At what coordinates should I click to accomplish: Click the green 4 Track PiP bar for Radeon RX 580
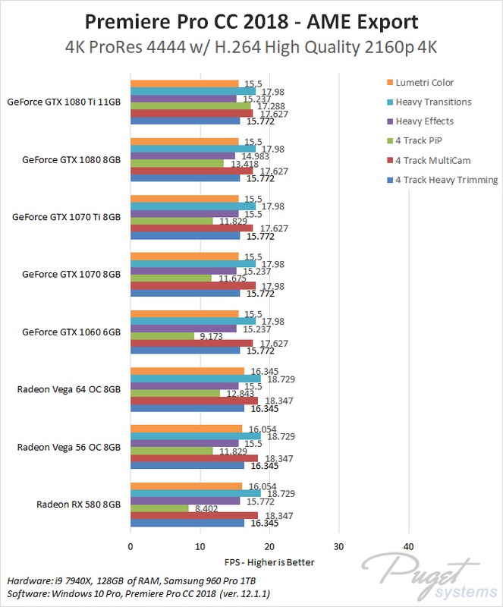159,508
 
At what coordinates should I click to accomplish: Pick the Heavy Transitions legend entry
433,102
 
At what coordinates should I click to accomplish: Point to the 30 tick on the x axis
339,546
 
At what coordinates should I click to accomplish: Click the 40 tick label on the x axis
408,546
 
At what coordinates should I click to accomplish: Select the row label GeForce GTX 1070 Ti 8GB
66,216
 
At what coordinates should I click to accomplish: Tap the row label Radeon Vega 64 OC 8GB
68,389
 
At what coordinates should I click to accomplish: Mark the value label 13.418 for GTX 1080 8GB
240,163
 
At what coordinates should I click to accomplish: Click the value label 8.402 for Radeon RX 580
203,508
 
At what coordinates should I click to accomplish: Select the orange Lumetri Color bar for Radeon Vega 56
187,429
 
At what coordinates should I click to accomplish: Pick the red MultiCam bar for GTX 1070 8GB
193,285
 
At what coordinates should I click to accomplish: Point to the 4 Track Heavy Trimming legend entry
446,180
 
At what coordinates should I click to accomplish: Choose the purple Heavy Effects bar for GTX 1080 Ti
184,99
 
